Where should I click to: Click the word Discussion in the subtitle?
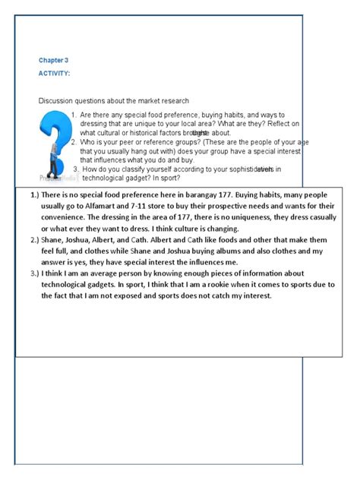pyautogui.click(x=58, y=100)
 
